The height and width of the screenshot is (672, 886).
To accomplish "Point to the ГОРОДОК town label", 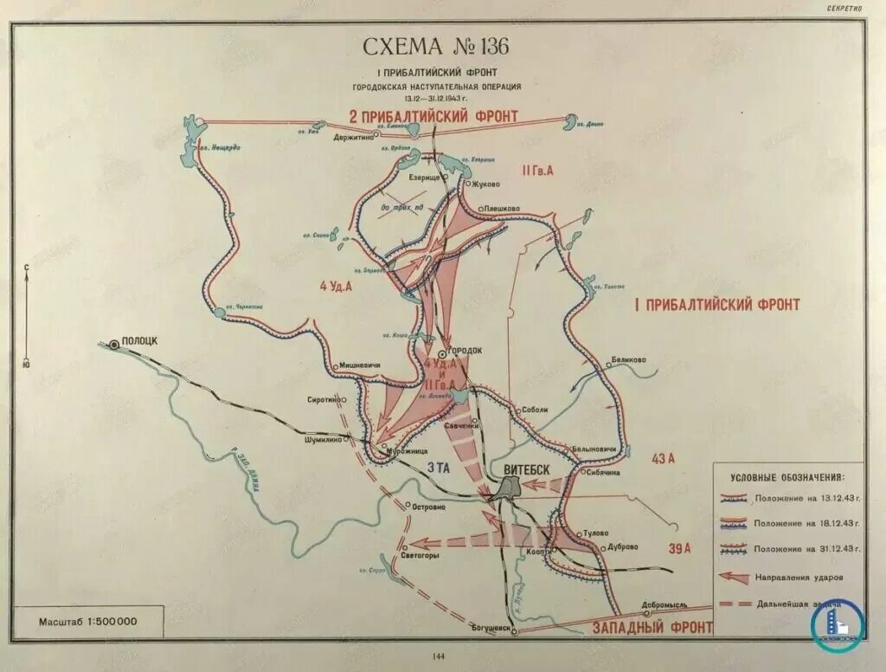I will coord(465,351).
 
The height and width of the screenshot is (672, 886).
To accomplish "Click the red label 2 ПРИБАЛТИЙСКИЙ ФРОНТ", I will coord(433,116).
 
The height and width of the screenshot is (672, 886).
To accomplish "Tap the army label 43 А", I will coord(663,459).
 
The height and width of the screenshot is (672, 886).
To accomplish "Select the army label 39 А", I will coord(680,547).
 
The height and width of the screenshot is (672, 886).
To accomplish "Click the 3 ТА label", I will coord(439,468).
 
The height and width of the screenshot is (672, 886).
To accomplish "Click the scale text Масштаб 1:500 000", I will coord(87,622).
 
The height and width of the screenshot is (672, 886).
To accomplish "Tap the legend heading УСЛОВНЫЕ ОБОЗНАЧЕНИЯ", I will coord(786,477).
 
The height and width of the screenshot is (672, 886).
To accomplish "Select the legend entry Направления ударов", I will coord(799,576).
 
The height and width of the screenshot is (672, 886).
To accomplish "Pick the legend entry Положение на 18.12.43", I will coord(799,524).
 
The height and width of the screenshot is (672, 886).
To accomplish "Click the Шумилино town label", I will coord(319,439).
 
